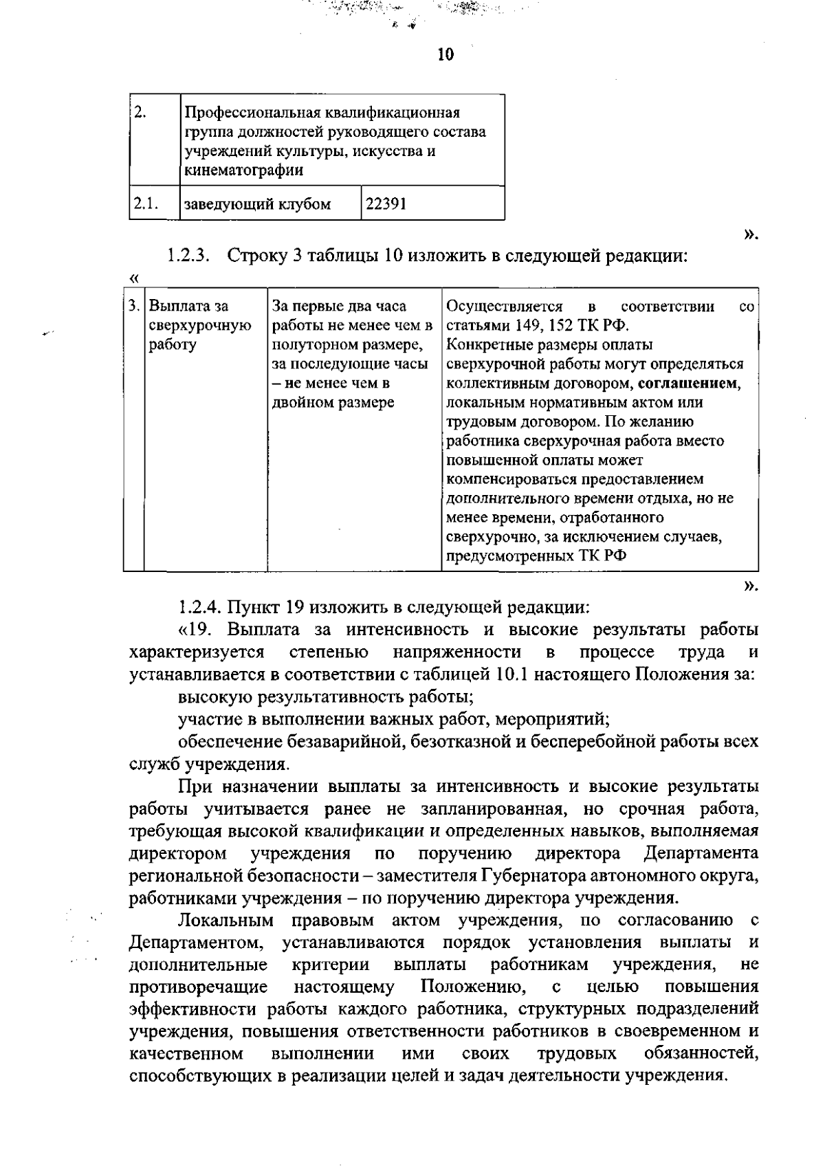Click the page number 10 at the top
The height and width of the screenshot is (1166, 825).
click(445, 54)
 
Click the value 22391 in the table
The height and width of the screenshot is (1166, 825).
click(386, 204)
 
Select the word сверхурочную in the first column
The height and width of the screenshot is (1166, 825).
click(199, 325)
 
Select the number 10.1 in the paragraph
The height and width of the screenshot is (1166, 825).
click(511, 674)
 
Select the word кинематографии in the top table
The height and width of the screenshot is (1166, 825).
click(244, 170)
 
